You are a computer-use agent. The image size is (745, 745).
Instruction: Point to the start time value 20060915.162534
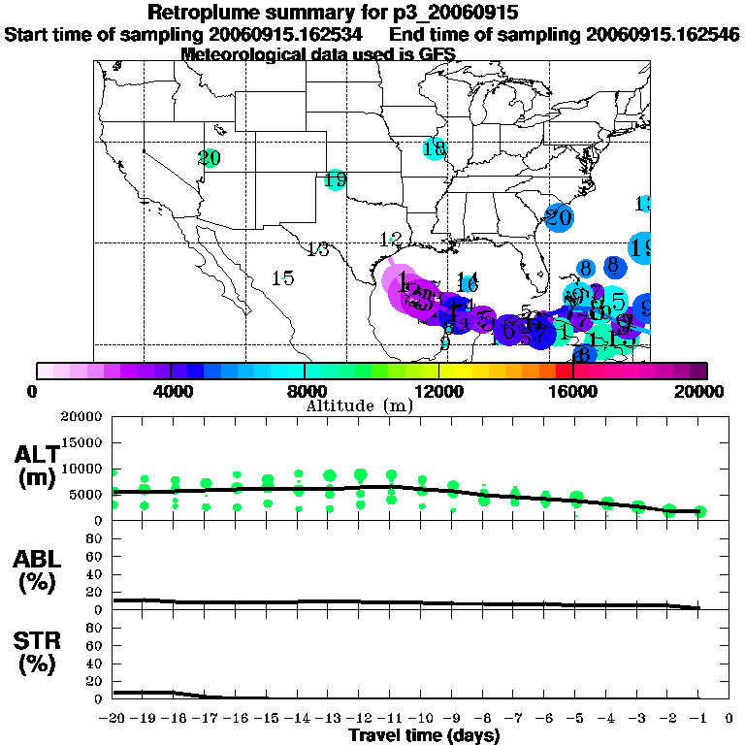(283, 34)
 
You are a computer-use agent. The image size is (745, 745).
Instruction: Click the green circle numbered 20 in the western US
(210, 158)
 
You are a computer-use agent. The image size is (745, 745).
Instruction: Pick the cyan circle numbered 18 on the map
(435, 149)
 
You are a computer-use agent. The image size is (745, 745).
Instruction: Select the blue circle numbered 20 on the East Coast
(558, 217)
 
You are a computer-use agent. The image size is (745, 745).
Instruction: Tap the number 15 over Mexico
(282, 278)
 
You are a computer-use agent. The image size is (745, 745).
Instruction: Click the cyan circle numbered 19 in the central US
(335, 179)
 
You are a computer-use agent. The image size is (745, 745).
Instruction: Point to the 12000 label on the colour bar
(438, 391)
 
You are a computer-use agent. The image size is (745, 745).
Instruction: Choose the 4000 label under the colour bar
(170, 391)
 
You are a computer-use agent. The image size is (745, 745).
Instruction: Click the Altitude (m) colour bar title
(359, 405)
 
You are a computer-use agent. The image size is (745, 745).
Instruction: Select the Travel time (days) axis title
(424, 735)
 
